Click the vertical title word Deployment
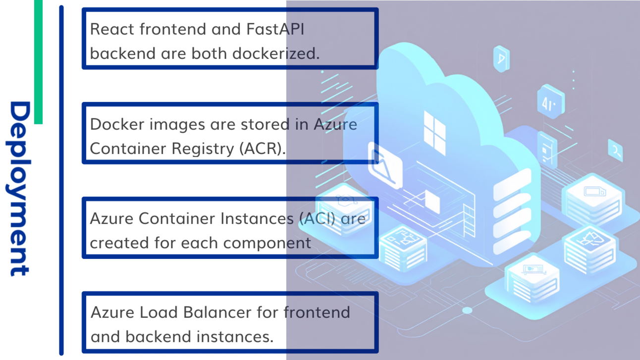(20, 188)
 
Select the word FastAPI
(275, 29)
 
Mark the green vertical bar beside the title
(38, 62)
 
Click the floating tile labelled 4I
(550, 103)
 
